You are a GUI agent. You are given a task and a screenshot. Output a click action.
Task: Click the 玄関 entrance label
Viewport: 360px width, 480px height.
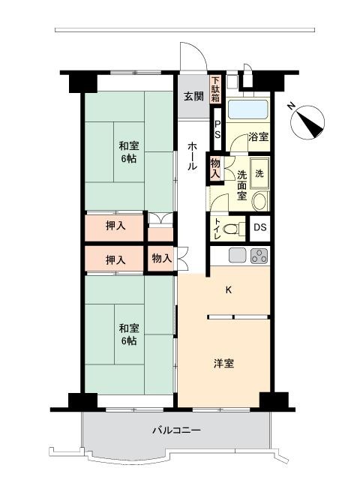pos(193,97)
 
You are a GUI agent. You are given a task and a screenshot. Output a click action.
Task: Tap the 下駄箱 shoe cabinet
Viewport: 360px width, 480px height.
pos(215,89)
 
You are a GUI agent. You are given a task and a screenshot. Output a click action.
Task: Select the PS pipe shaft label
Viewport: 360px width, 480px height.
pos(217,130)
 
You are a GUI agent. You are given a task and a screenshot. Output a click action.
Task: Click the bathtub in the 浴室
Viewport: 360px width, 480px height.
pos(248,109)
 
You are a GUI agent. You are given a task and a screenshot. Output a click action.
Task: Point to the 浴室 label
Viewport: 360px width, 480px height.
pos(258,136)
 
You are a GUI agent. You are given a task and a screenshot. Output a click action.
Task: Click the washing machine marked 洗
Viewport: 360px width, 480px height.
pos(259,173)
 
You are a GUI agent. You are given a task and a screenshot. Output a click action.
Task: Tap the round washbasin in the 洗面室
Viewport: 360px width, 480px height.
pos(260,201)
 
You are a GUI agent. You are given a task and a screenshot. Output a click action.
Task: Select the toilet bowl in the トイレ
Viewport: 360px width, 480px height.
pos(232,229)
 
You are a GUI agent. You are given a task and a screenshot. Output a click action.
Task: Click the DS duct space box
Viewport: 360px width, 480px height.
pos(260,228)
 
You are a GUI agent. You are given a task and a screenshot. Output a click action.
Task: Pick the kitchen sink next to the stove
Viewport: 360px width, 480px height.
pos(238,256)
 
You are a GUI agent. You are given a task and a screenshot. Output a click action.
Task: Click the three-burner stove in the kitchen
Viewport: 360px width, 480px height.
pos(259,256)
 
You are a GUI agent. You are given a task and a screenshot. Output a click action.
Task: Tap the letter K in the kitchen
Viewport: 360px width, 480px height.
pos(228,290)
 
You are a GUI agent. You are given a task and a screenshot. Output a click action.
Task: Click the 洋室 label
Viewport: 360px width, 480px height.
pos(223,364)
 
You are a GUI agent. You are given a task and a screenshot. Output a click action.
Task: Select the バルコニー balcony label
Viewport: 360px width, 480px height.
pos(177,430)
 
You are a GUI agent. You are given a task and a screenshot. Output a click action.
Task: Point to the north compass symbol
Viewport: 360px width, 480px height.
pos(307,122)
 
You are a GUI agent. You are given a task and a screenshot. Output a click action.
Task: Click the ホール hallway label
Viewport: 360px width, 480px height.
pos(192,155)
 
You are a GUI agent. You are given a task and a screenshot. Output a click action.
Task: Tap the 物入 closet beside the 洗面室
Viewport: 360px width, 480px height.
pos(215,168)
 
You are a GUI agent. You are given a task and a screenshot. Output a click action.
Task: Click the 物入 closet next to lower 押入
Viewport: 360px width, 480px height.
pos(162,258)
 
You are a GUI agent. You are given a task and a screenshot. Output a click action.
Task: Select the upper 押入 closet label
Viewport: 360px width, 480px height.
pos(115,226)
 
